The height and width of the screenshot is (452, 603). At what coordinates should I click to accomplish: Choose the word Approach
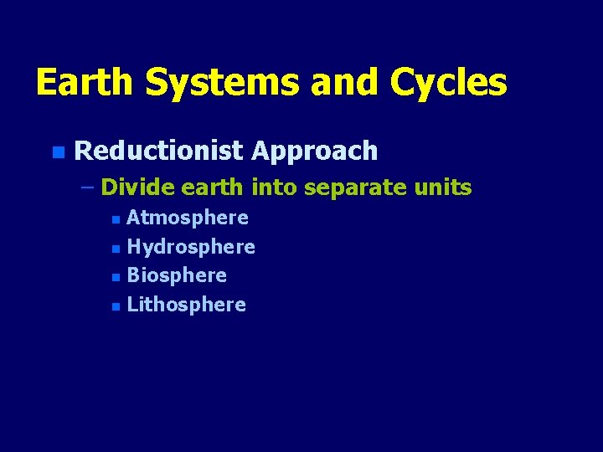[x=314, y=152]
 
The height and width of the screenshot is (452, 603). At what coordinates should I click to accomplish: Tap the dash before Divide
[x=89, y=187]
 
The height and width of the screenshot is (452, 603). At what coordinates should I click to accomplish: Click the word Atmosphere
[x=188, y=218]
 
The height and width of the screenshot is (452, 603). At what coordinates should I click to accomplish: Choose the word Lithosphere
[x=186, y=305]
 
